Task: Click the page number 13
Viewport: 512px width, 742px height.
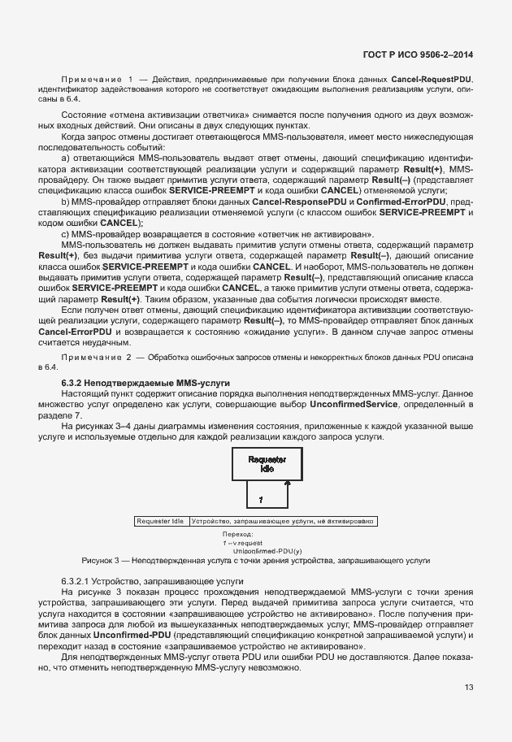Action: click(x=469, y=687)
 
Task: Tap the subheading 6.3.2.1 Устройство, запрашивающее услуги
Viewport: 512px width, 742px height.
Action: click(x=141, y=581)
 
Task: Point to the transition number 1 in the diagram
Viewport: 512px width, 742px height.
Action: click(x=260, y=497)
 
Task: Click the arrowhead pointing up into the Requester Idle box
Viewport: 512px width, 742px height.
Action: click(x=286, y=482)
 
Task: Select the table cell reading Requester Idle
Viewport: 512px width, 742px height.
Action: click(x=161, y=521)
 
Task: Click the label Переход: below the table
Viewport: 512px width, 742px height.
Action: click(x=238, y=534)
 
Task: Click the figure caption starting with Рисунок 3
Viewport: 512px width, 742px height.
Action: click(x=255, y=561)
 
